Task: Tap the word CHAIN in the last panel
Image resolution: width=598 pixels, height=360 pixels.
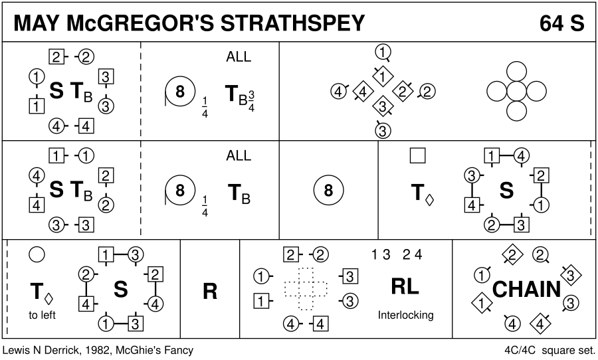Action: (x=526, y=290)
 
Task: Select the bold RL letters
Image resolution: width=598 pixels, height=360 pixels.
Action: (x=405, y=286)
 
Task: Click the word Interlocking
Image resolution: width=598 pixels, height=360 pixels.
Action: (x=405, y=315)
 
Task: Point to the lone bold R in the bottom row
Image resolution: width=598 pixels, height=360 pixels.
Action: (x=210, y=292)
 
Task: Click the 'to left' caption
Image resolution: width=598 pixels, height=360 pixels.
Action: (x=43, y=315)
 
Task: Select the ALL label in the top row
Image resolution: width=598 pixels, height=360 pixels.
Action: (x=239, y=57)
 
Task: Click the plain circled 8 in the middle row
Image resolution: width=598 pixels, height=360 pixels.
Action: (x=328, y=192)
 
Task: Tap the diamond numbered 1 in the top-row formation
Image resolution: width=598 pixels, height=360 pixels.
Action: (x=383, y=76)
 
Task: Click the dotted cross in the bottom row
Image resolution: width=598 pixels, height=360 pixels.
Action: (x=306, y=288)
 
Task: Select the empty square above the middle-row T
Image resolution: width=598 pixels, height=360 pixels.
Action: (x=418, y=155)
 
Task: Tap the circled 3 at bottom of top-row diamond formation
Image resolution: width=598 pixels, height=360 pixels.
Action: (x=382, y=131)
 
